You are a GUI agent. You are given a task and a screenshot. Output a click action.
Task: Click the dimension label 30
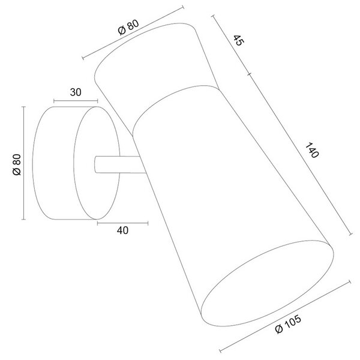tap(76, 92)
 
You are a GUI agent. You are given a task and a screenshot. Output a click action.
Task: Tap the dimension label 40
tap(122, 230)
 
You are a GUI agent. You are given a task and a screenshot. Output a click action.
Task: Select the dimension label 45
tap(239, 40)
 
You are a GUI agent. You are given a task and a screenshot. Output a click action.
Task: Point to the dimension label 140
tap(312, 150)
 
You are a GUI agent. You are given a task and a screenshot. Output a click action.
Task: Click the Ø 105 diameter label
tap(288, 324)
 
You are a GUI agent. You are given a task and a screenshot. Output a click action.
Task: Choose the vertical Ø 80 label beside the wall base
tap(17, 164)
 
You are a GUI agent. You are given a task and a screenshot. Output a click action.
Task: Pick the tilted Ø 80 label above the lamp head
tap(128, 28)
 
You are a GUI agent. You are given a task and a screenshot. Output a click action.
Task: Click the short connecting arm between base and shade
tap(119, 164)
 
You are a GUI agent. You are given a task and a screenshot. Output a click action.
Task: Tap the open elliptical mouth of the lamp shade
tap(267, 283)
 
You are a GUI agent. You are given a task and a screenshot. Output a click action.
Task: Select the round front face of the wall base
tap(97, 163)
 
